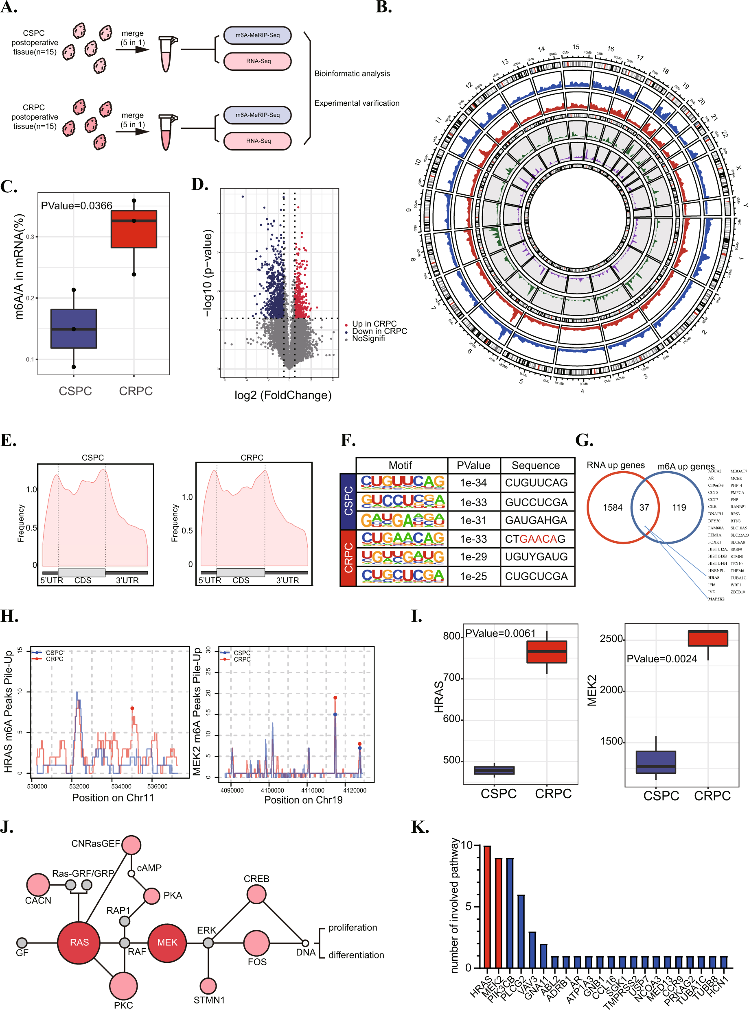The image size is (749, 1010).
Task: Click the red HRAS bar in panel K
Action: (487, 906)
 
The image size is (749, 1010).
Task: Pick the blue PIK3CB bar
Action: (510, 913)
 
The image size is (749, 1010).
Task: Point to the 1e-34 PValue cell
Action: (473, 483)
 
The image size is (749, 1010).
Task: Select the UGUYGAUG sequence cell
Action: (537, 557)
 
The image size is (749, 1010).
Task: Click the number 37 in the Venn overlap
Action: (644, 507)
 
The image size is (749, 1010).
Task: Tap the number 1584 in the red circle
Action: (613, 507)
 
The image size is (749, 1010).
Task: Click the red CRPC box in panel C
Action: (134, 229)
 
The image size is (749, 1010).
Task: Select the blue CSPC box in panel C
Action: (73, 329)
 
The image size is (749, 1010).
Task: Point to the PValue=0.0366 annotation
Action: (76, 206)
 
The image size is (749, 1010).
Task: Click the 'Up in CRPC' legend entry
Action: (374, 324)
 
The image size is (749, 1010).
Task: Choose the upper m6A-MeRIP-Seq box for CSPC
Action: (257, 35)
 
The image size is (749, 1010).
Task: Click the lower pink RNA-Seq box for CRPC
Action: (257, 141)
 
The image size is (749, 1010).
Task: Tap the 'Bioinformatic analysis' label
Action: (352, 73)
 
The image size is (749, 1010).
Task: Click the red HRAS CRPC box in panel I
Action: (546, 652)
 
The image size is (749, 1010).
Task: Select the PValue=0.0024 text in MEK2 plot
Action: (661, 659)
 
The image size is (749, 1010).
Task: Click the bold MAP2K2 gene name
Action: (716, 599)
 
